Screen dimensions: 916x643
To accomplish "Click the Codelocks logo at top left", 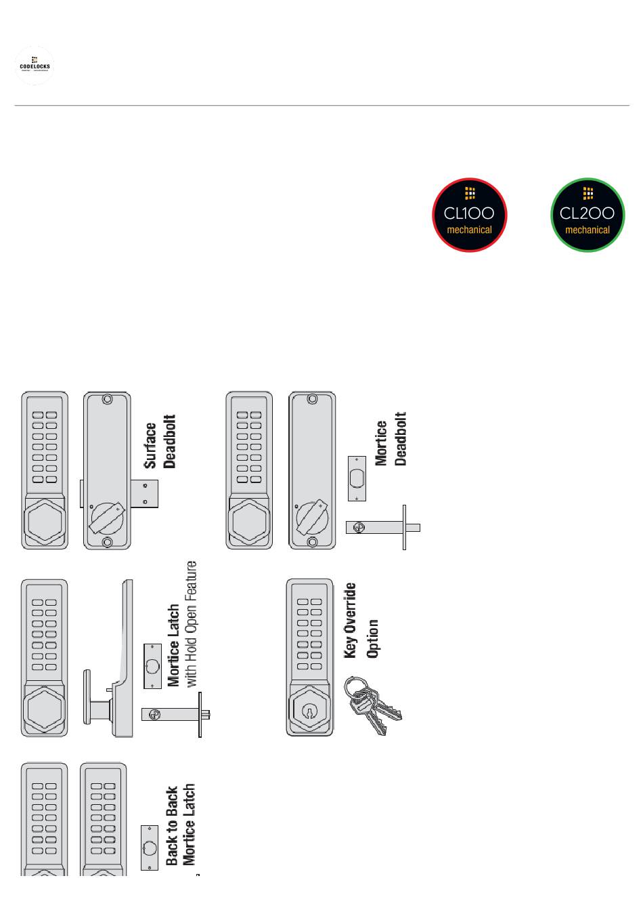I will coord(34,66).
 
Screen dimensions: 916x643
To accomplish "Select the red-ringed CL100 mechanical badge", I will coord(469,215).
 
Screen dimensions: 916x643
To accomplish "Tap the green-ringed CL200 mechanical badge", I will coord(587,215).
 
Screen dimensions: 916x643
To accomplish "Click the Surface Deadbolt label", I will coord(160,442).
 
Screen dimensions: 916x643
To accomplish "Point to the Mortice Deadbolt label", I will coord(391,440).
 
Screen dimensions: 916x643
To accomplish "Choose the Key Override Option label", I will coord(361,621).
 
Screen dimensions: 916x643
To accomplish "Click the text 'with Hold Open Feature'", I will coord(192,624).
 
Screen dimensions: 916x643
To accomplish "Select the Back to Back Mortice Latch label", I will coord(181,825).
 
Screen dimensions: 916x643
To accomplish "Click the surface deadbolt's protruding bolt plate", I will coord(149,493).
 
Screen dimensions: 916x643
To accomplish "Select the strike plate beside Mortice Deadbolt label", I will coord(357,478).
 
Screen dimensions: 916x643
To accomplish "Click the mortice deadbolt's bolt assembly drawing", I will coord(382,527).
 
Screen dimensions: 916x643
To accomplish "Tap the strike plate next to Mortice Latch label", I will coord(152,666).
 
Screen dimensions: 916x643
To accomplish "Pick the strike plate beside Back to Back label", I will coord(149,848).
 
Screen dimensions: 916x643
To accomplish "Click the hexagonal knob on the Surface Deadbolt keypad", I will coord(45,520).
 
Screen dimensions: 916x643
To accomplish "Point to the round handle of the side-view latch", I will coord(87,697).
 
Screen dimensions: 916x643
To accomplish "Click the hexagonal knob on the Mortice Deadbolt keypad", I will coord(249,521).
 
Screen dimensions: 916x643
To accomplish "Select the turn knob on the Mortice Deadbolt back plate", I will coord(312,519).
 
